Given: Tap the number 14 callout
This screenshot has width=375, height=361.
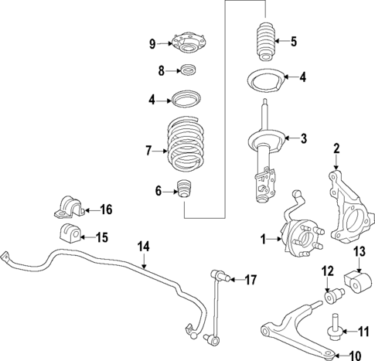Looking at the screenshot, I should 143,247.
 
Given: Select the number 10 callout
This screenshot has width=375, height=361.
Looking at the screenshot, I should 355,356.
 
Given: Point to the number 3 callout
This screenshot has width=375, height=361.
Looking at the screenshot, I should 304,139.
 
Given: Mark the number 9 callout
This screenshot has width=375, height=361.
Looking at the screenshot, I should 152,43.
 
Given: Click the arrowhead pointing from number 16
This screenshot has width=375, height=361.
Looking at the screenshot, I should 83,209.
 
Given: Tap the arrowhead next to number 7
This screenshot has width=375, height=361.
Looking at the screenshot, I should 165,151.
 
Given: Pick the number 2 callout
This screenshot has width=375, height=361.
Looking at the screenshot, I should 336,148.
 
